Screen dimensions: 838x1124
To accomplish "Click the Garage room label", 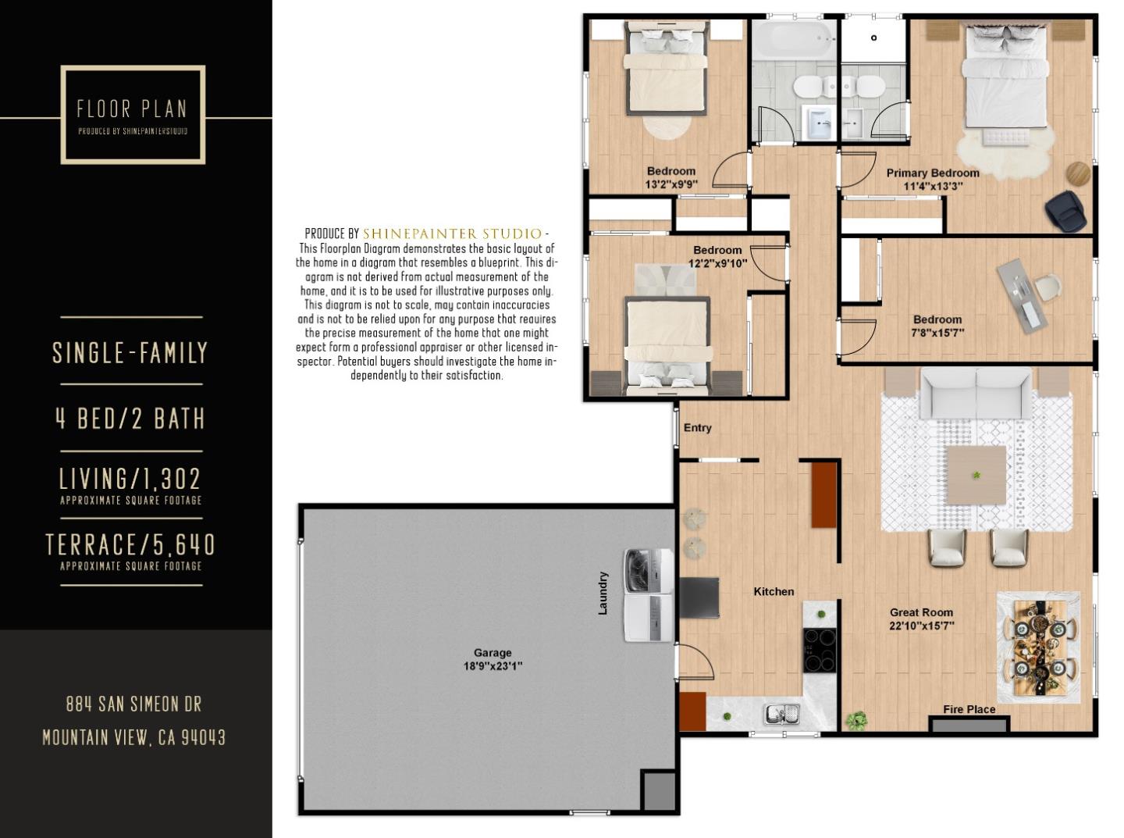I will pyautogui.click(x=493, y=653).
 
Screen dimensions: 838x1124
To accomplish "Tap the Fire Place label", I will pyautogui.click(x=969, y=709).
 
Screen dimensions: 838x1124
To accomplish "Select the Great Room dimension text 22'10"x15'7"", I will pyautogui.click(x=921, y=626).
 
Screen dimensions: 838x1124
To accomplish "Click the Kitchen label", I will pyautogui.click(x=774, y=591).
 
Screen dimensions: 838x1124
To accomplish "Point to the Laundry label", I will pyautogui.click(x=603, y=593).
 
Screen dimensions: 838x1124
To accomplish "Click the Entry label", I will pyautogui.click(x=697, y=427).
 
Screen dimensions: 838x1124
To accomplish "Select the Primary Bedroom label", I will pyautogui.click(x=932, y=173).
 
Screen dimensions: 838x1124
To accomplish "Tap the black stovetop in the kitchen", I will pyautogui.click(x=820, y=650).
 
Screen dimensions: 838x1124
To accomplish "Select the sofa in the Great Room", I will pyautogui.click(x=976, y=394).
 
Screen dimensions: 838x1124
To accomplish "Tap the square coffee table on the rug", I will pyautogui.click(x=976, y=475).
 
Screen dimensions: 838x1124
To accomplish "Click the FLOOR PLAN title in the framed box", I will pyautogui.click(x=132, y=109).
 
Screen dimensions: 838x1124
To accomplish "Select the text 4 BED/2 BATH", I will pyautogui.click(x=130, y=419).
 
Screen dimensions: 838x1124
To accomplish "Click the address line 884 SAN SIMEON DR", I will pyautogui.click(x=133, y=704).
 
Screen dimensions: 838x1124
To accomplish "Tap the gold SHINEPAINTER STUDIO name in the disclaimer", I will pyautogui.click(x=452, y=234).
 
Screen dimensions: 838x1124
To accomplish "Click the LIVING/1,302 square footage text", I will pyautogui.click(x=130, y=478).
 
